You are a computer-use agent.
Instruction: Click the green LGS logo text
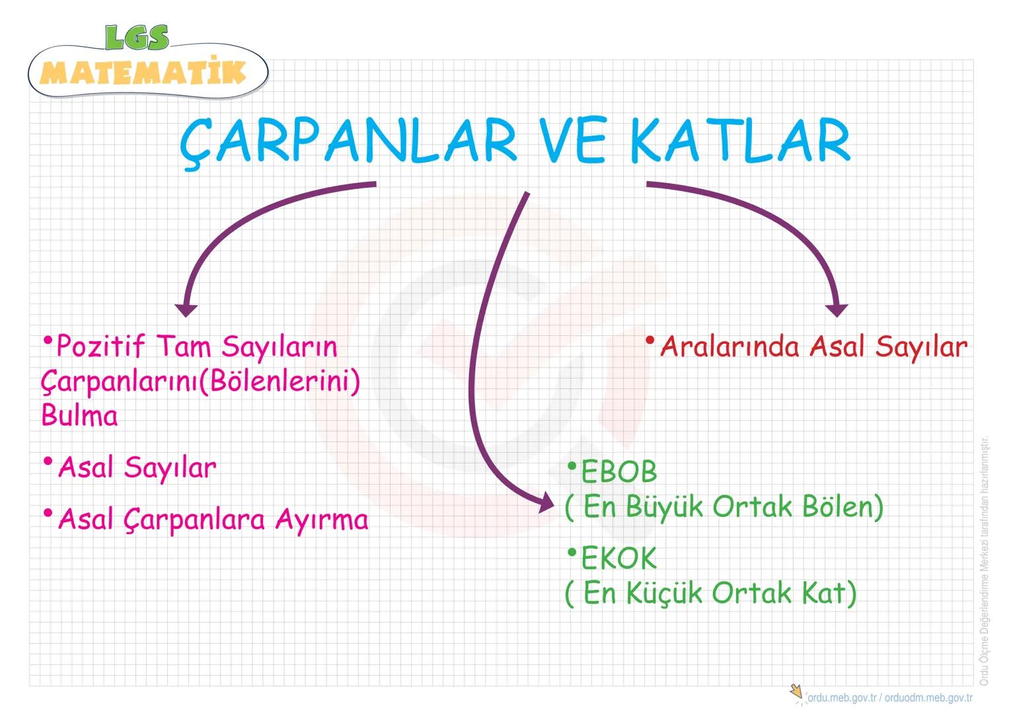[x=137, y=38]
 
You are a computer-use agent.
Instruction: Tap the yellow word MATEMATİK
[x=143, y=72]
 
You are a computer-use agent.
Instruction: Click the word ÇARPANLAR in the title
[x=348, y=141]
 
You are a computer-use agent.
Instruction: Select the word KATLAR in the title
[x=740, y=141]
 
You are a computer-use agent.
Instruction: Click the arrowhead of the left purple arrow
[x=186, y=309]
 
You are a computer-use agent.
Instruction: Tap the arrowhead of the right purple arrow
[x=837, y=309]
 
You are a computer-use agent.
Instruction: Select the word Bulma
[x=79, y=416]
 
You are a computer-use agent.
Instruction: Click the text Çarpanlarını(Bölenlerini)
[x=200, y=381]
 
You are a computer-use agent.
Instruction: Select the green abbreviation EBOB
[x=618, y=472]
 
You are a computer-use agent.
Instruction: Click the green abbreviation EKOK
[x=618, y=559]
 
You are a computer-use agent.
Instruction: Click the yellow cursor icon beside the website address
[x=797, y=693]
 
